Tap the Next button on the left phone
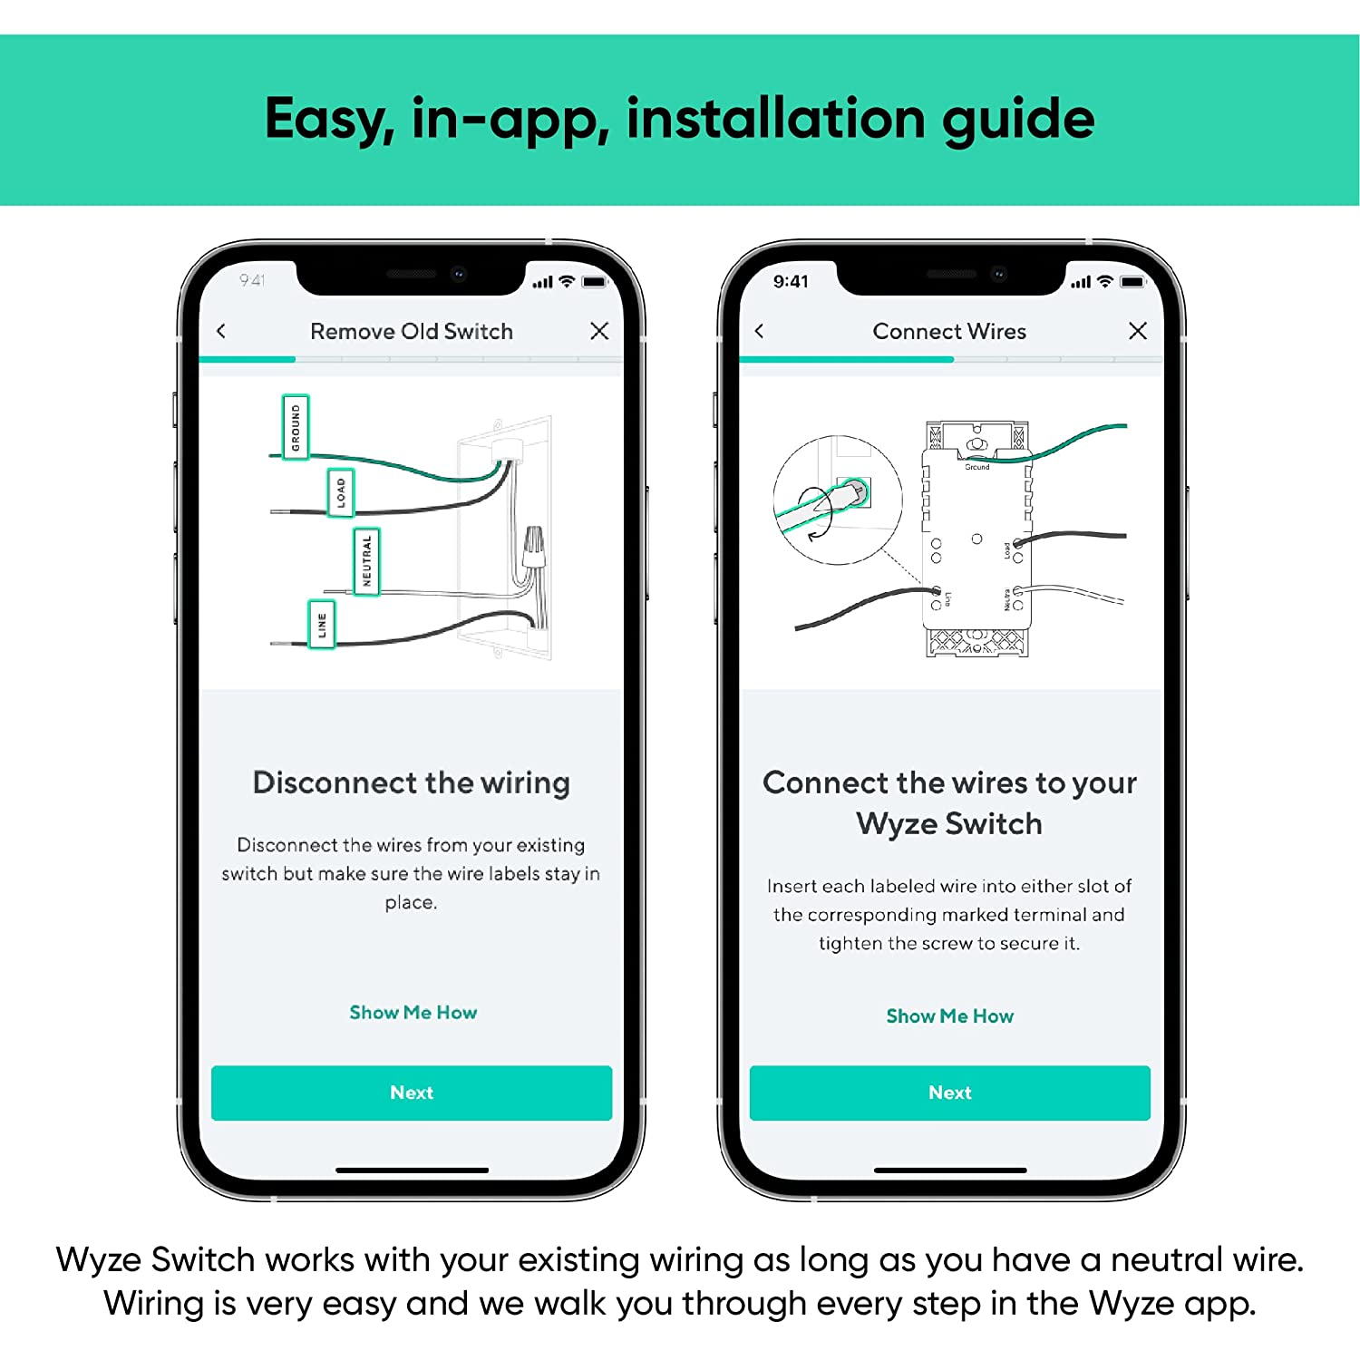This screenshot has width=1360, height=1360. [x=411, y=1093]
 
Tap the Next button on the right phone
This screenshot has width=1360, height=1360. [x=949, y=1093]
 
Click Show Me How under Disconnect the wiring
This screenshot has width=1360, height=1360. [x=413, y=1013]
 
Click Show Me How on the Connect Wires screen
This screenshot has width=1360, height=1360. [x=949, y=1016]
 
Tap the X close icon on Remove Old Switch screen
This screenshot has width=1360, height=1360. [x=599, y=331]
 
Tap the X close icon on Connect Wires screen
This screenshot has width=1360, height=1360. [x=1137, y=331]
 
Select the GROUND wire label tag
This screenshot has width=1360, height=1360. [x=296, y=427]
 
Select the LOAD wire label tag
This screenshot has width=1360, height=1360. [x=341, y=493]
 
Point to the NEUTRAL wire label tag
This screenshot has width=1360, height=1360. [x=366, y=561]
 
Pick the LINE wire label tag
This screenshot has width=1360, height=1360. [x=322, y=625]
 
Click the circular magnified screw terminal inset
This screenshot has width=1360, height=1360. [x=837, y=500]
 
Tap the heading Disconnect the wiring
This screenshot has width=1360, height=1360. [x=411, y=782]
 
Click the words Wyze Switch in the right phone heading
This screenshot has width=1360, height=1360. [x=949, y=823]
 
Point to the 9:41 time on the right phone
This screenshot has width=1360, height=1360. [x=791, y=282]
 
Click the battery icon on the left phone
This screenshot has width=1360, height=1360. [x=594, y=282]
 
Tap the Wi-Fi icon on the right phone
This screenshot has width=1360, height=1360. [x=1104, y=282]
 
